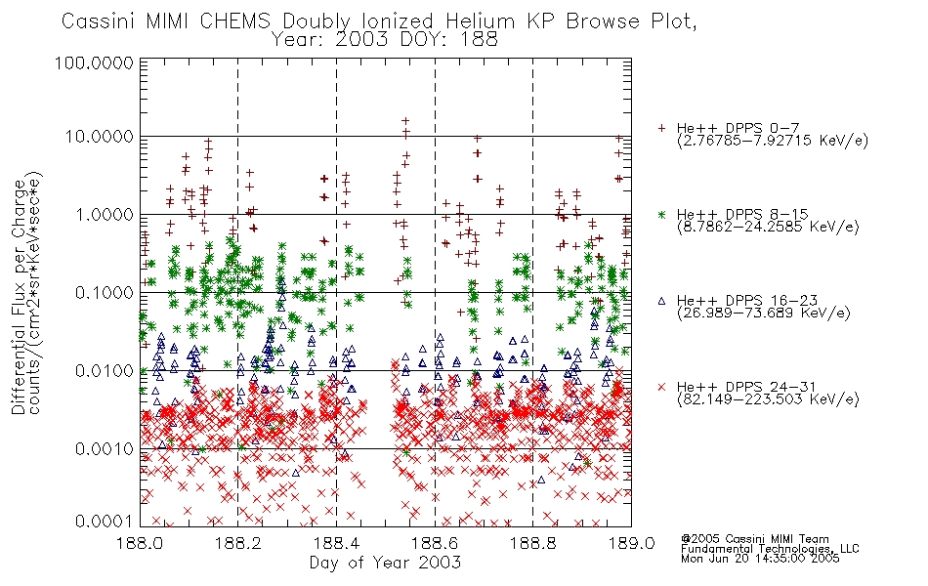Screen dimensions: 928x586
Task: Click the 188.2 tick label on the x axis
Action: point(238,543)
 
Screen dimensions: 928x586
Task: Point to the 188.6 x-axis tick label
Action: point(435,543)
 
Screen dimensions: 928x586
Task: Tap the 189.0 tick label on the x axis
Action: point(631,543)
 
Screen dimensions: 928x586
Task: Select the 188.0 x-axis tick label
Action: point(141,543)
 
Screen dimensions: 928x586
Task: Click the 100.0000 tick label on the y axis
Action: point(94,63)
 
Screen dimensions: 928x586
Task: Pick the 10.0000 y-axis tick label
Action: point(99,137)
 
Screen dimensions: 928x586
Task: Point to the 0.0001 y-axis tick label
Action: point(104,521)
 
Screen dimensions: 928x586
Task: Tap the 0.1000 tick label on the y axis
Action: point(104,292)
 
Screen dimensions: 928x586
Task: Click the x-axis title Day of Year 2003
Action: point(385,563)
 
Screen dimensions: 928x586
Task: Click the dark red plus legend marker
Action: point(661,128)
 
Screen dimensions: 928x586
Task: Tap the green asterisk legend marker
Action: point(661,214)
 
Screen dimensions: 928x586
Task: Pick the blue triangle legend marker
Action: point(661,301)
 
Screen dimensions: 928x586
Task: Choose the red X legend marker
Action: point(661,387)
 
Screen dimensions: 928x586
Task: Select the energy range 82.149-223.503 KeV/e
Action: point(768,399)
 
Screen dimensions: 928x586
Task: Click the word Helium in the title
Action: point(480,21)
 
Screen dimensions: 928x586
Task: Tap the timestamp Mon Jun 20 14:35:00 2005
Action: point(760,559)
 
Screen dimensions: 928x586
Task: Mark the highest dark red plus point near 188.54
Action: point(405,121)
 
